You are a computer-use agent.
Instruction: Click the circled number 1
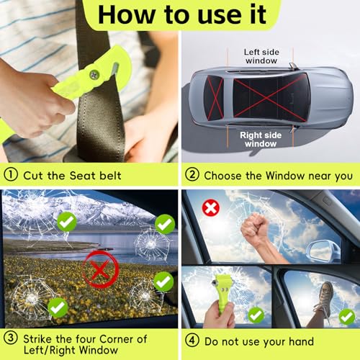(11, 174)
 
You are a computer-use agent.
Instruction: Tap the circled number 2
(192, 174)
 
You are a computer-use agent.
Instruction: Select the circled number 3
(11, 338)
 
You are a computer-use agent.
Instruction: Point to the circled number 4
(192, 341)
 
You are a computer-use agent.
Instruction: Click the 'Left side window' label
(261, 56)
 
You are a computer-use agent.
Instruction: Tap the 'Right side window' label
(261, 140)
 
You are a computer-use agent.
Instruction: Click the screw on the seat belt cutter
(94, 75)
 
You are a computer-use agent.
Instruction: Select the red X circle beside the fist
(211, 208)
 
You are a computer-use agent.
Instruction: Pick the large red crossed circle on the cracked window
(101, 269)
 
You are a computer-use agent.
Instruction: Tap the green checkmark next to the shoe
(346, 317)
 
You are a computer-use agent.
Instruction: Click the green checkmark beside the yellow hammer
(256, 315)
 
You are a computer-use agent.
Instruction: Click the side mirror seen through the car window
(323, 251)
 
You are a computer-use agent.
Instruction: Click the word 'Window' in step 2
(285, 176)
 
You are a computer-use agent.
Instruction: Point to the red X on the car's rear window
(215, 98)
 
